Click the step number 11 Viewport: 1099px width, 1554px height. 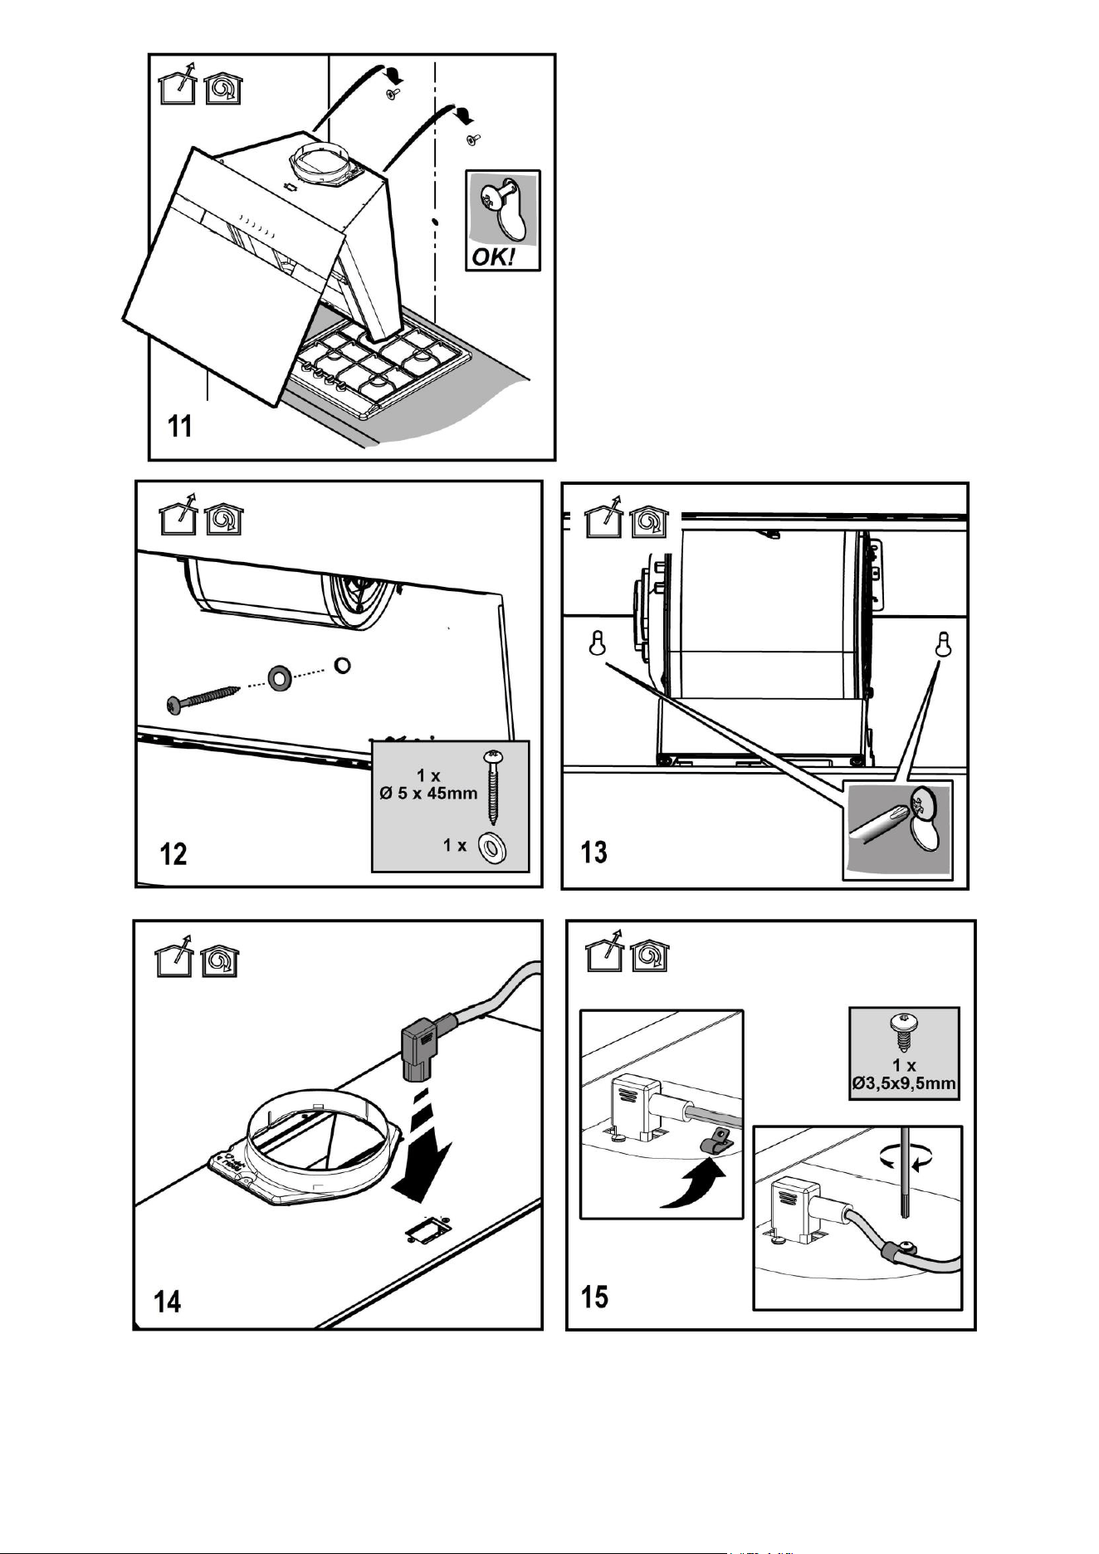click(179, 427)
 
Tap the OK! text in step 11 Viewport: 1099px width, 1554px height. click(493, 257)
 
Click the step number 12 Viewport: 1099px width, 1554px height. click(173, 853)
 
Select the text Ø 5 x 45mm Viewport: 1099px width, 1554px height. click(428, 793)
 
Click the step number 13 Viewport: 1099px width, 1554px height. click(594, 853)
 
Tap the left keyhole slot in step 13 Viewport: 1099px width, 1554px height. click(596, 643)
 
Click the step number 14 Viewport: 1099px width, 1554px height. click(168, 1301)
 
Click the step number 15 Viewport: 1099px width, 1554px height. click(594, 1296)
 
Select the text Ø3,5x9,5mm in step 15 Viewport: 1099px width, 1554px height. click(904, 1082)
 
